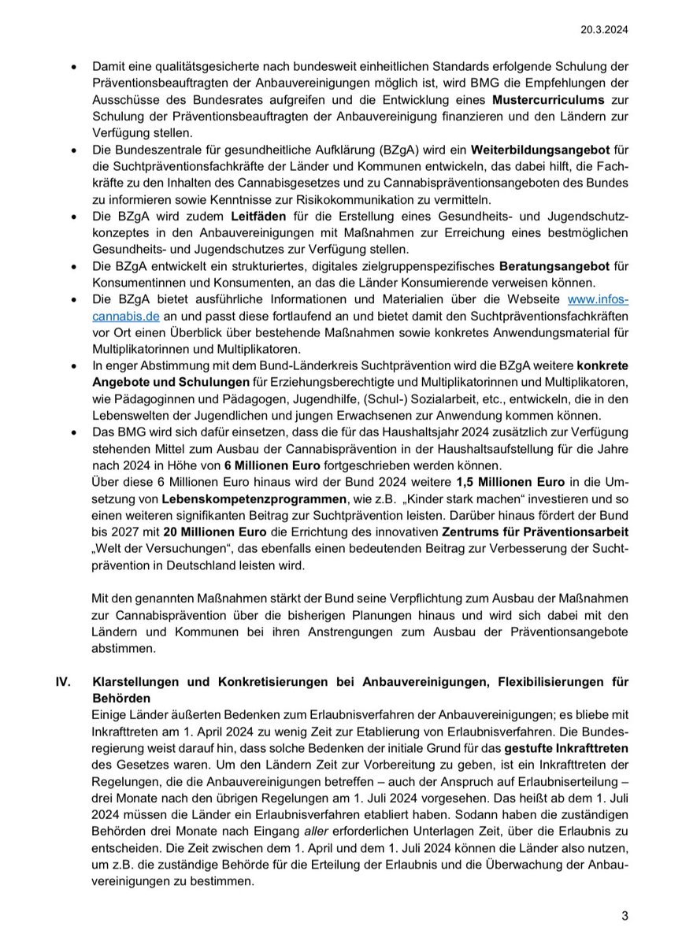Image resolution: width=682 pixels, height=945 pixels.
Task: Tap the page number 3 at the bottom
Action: click(625, 916)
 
